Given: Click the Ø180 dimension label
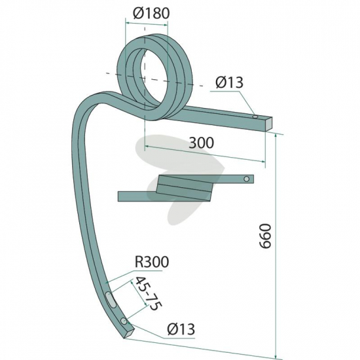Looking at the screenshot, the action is pos(151,13).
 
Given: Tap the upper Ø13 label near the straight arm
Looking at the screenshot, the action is pos(229,82).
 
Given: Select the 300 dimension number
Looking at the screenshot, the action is pos(201,143).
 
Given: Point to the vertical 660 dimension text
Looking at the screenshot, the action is pos(265,236).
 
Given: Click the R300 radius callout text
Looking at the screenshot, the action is pos(152,262).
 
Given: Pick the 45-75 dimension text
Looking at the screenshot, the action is pos(149,293).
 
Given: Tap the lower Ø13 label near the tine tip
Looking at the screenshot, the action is pos(181,329).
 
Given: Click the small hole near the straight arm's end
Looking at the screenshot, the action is pos(255,117).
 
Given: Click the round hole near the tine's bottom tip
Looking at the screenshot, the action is pos(124,321).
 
